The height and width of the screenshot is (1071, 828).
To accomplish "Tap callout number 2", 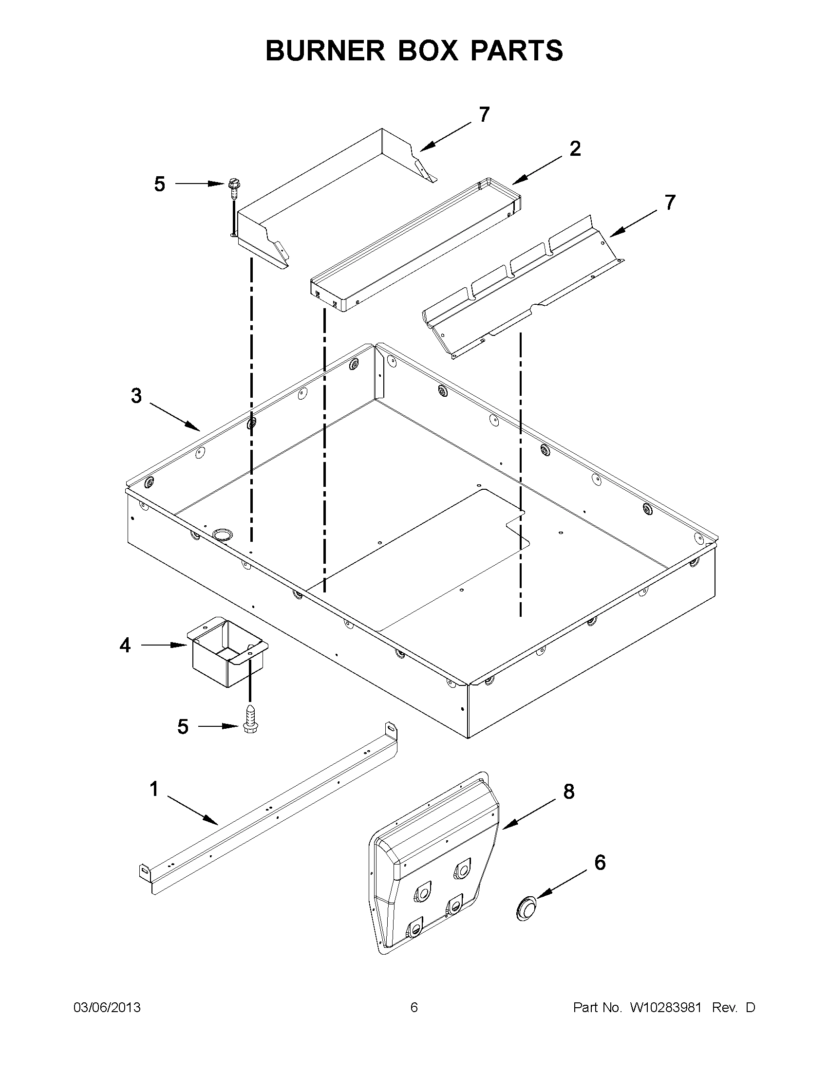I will [575, 148].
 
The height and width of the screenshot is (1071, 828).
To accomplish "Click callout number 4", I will [125, 646].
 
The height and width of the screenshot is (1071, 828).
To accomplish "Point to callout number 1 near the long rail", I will [153, 790].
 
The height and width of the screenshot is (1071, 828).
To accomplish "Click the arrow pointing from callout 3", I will [175, 417].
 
